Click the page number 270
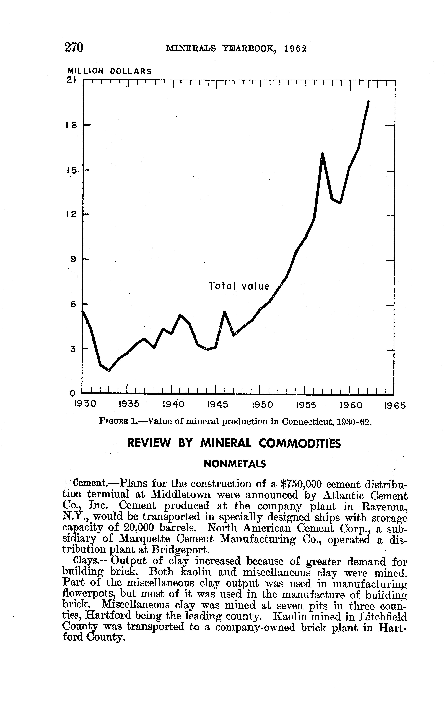point(74,47)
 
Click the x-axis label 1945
point(218,405)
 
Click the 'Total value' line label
point(239,286)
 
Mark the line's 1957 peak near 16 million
point(322,154)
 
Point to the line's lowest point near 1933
point(109,370)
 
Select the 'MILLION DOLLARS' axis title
point(110,71)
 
